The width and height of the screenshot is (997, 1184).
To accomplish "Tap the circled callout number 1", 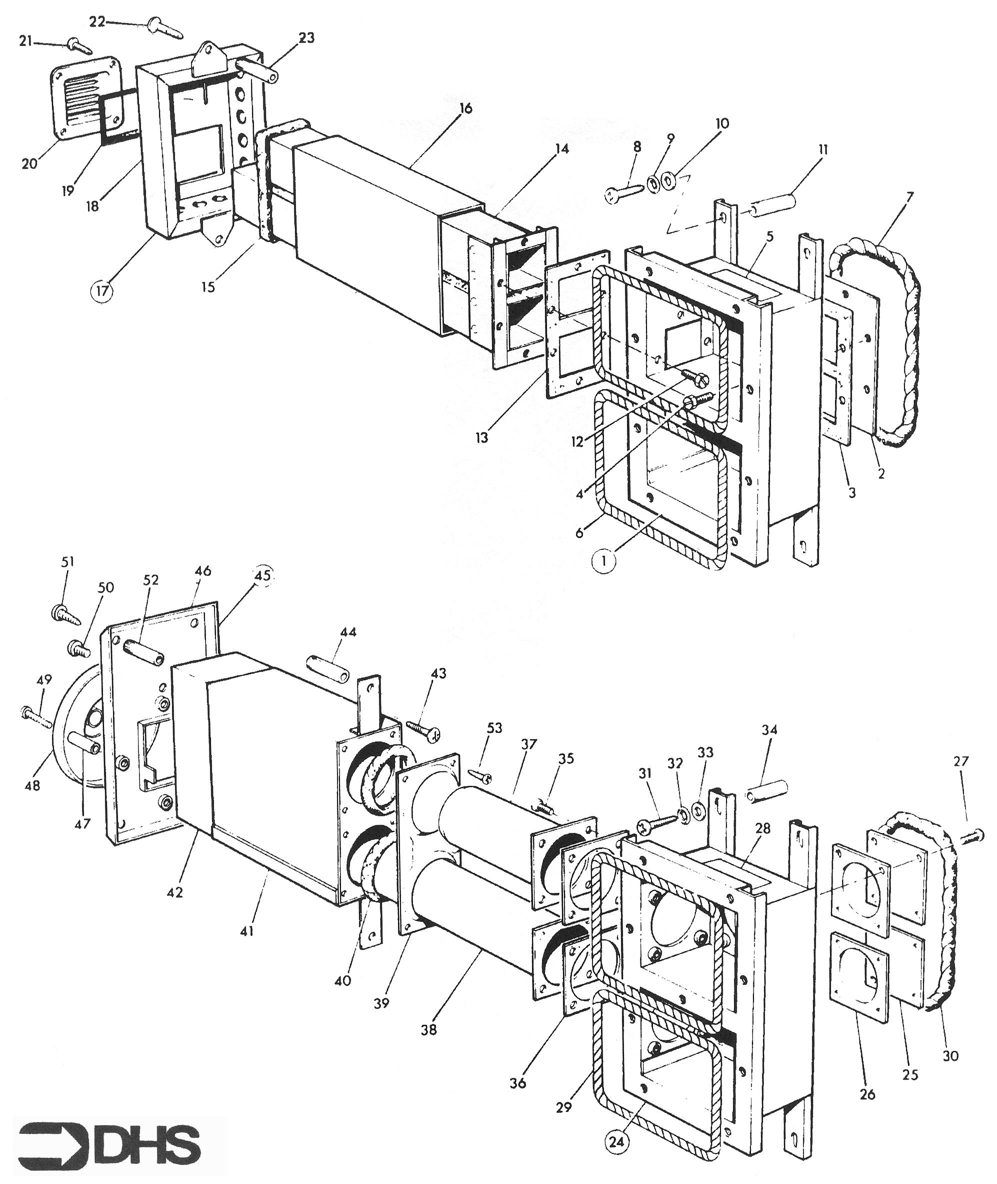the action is tap(603, 563).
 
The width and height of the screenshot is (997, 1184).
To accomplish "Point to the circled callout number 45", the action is tap(262, 576).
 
